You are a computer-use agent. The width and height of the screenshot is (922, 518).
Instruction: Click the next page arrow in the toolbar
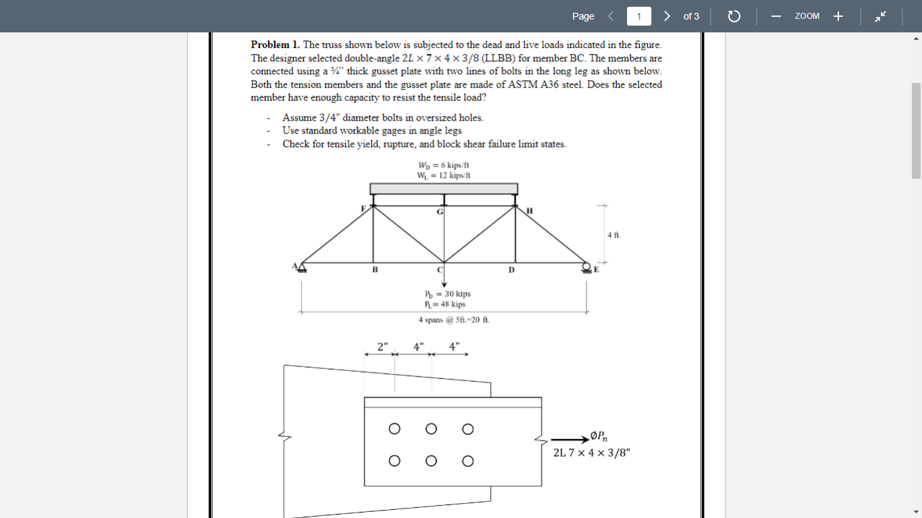(x=667, y=16)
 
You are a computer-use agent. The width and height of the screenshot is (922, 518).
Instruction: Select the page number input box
(x=639, y=16)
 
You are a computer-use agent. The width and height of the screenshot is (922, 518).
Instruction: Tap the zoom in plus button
(x=838, y=16)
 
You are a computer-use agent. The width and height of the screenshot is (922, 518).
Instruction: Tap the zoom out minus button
(x=776, y=16)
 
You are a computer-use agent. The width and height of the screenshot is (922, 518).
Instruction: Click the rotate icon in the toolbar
(x=734, y=16)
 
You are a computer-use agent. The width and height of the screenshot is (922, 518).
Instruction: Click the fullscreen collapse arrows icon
(x=881, y=16)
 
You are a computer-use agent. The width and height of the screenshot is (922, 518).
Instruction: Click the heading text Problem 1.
(x=275, y=45)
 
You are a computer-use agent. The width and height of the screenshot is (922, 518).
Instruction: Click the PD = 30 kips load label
(x=448, y=294)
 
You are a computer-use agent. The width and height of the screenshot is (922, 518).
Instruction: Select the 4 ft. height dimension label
(x=613, y=235)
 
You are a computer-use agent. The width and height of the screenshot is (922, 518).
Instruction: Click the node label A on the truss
(x=295, y=266)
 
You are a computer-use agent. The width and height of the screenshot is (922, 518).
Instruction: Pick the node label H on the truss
(x=529, y=210)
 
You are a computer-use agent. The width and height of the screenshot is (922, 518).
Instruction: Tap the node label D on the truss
(x=511, y=270)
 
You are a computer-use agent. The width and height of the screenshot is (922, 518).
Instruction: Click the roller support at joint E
(x=586, y=267)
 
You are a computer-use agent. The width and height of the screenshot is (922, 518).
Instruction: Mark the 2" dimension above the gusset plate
(x=383, y=347)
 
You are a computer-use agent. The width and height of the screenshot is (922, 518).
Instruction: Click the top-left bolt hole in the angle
(x=394, y=428)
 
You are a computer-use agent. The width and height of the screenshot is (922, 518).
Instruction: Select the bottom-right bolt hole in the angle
(x=468, y=462)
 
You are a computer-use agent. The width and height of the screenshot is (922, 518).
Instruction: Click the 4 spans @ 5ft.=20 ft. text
(x=454, y=320)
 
